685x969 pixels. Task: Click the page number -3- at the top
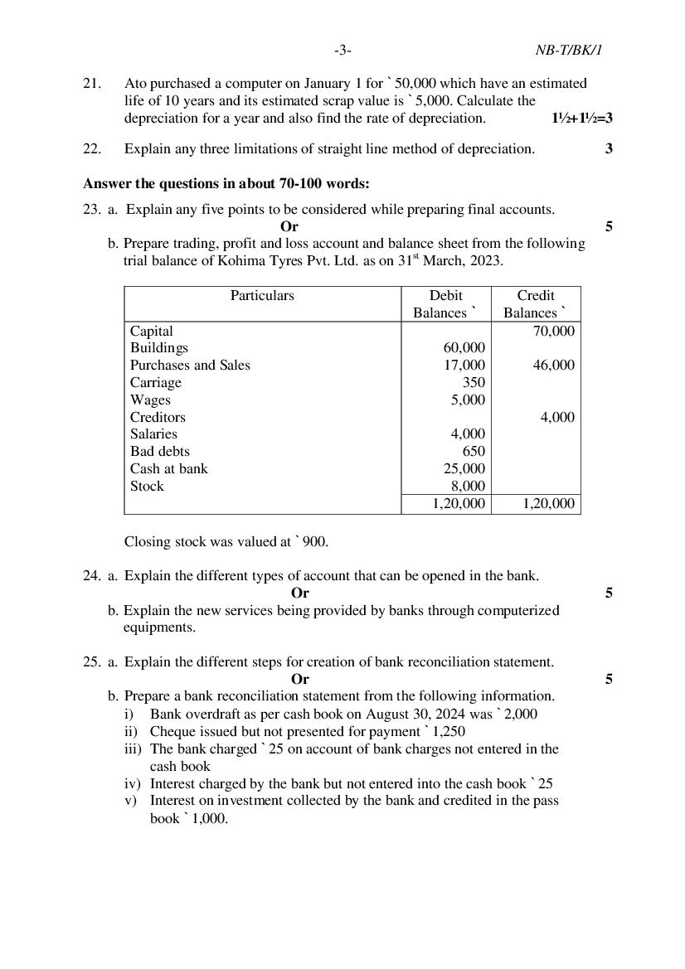342,51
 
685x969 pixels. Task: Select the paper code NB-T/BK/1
568,51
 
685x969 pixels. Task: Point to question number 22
92,149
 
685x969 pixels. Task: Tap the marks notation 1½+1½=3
582,118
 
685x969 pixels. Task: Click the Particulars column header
262,296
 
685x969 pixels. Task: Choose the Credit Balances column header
536,304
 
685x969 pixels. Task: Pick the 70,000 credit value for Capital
553,331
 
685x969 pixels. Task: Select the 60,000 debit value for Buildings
464,348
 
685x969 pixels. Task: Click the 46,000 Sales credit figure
553,366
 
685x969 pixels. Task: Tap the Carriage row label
155,383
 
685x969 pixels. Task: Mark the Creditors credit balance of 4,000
557,418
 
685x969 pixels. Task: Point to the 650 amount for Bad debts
474,452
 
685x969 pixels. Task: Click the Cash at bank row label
169,469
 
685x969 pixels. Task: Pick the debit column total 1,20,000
459,504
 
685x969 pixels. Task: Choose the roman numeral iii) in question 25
133,749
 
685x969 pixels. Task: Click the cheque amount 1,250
449,732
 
